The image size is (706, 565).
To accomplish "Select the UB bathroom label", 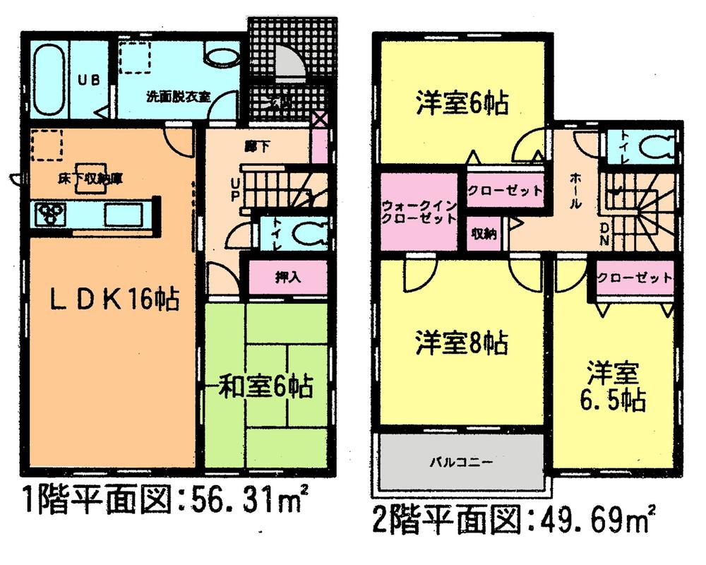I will [x=88, y=80].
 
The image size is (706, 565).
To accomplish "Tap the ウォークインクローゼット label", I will [x=418, y=212].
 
